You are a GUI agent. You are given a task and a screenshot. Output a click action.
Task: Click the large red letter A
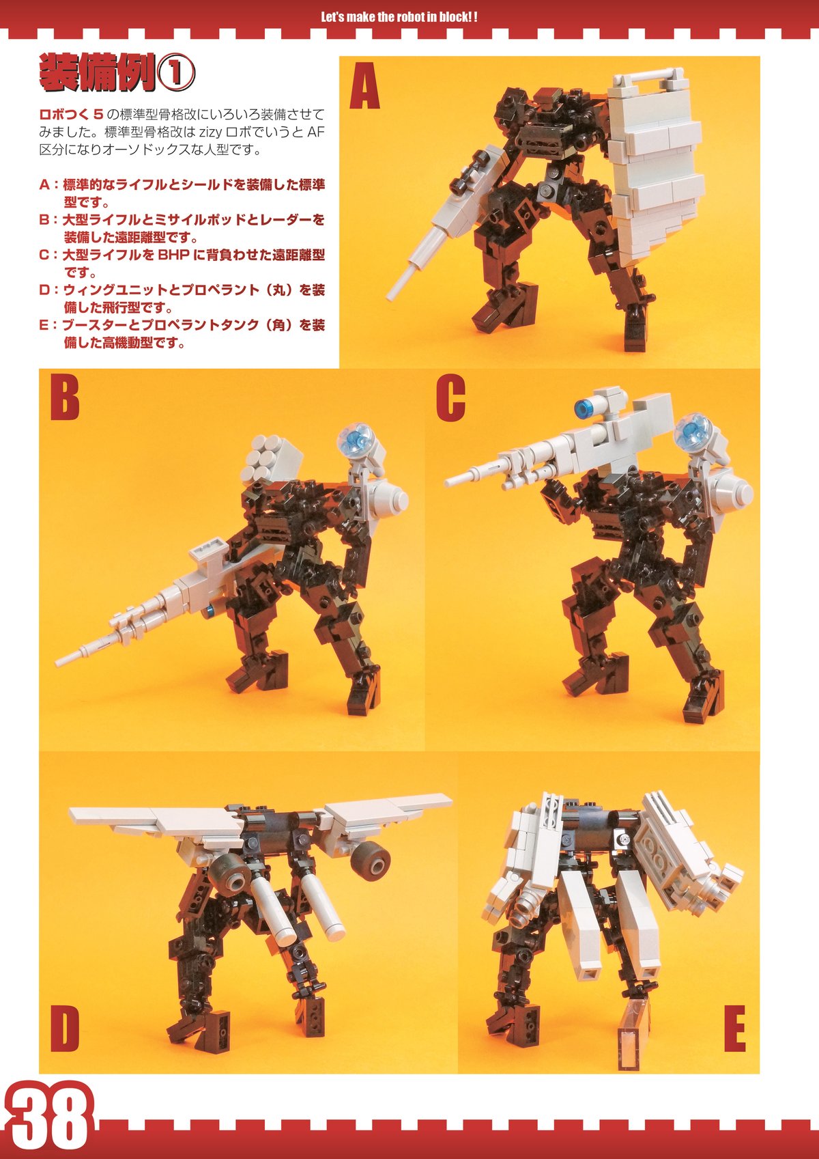(364, 85)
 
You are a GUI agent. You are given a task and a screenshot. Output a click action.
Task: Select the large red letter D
(65, 1029)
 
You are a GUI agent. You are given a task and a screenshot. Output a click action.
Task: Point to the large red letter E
(735, 1029)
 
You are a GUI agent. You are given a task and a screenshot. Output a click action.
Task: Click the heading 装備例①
(116, 73)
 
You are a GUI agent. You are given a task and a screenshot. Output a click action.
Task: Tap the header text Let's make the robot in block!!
(399, 17)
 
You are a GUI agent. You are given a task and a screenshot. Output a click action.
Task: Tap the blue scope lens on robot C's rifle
(585, 408)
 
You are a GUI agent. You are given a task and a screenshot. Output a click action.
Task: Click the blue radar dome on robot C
(693, 432)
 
